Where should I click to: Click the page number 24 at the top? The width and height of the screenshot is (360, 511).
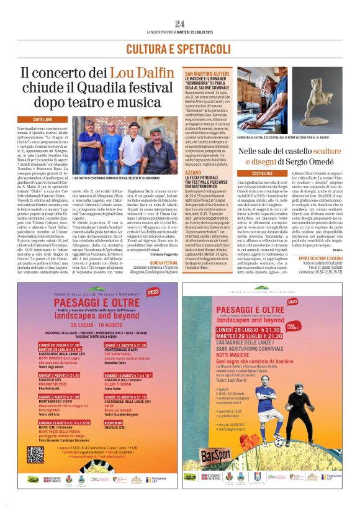click(x=179, y=24)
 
